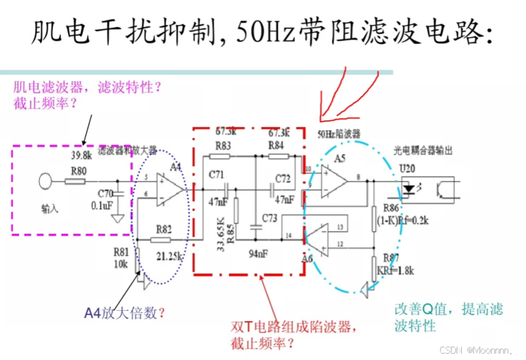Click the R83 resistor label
point(222,146)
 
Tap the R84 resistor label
point(276,146)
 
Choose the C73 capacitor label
point(270,219)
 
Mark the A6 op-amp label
point(307,258)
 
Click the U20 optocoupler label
point(406,168)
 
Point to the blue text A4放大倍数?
point(125,312)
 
